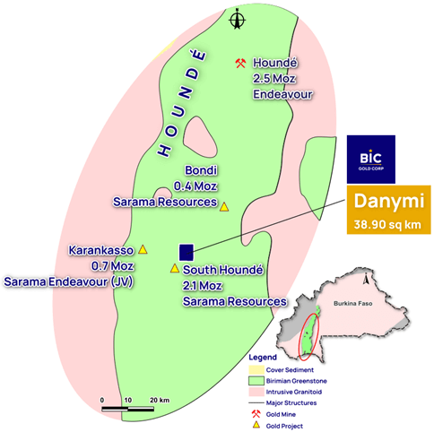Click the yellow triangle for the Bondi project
[225, 206]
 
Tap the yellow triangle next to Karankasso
[143, 249]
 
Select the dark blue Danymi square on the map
[187, 253]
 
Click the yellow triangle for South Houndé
[175, 268]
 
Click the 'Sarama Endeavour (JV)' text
[74, 281]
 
